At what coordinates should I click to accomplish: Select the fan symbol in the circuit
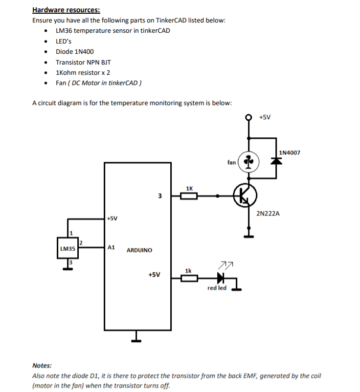coord(249,162)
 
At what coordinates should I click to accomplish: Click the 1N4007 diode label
coord(290,152)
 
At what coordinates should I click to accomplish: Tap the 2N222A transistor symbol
coord(244,196)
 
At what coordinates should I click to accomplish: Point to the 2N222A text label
coord(268,214)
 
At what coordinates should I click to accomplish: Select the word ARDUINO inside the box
coord(139,250)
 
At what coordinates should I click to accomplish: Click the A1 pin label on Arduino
coord(111,247)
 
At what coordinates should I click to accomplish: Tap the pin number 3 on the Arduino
coord(160,196)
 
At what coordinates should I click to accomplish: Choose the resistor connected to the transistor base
coord(189,196)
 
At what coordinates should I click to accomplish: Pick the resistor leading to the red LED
coord(189,279)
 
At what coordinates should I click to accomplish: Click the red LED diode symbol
coord(221,278)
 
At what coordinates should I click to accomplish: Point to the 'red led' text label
coord(217,288)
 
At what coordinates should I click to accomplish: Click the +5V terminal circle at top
coord(249,117)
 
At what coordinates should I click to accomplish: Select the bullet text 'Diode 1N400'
coord(75,51)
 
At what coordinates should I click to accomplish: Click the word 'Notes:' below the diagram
coord(42,365)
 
